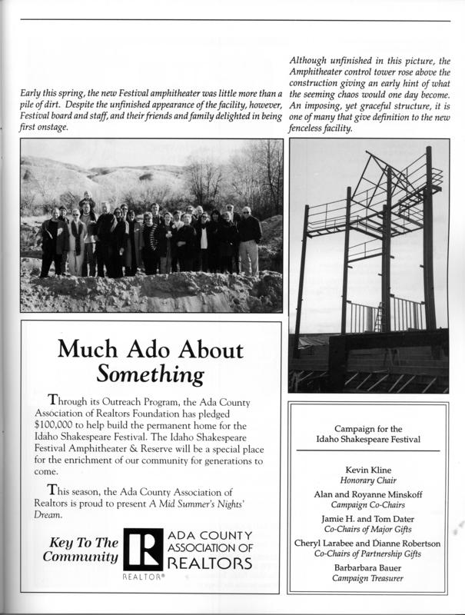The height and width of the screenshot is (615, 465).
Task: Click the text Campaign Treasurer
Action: tap(367, 578)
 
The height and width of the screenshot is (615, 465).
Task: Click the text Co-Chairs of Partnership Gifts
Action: tap(367, 554)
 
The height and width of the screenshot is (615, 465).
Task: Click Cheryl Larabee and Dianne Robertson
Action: tap(367, 544)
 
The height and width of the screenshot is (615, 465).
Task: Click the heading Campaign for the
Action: tap(366, 428)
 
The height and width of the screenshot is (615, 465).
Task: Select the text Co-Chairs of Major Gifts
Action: tap(367, 530)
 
